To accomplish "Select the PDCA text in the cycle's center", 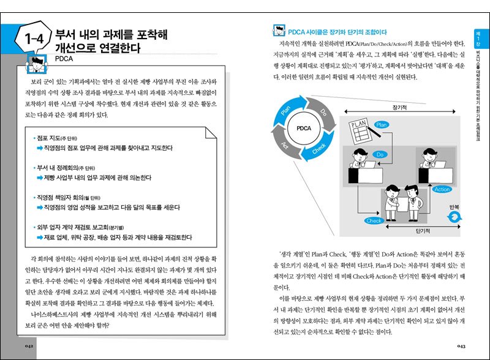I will pos(304,129).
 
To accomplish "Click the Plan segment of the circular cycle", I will pos(285,111).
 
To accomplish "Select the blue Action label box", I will pos(442,190).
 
